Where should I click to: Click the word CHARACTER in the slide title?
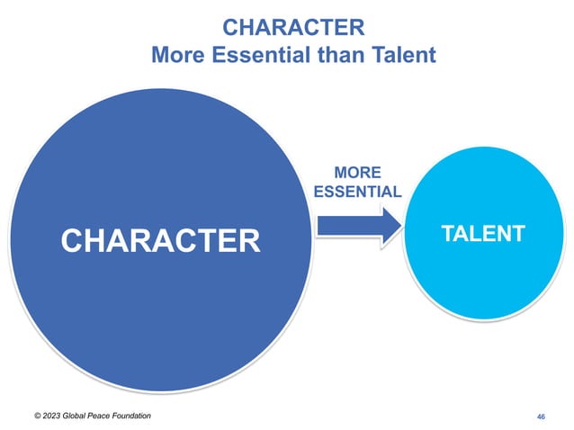pyautogui.click(x=293, y=24)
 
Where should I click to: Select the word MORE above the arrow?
pyautogui.click(x=357, y=172)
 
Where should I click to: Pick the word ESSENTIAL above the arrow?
pyautogui.click(x=357, y=192)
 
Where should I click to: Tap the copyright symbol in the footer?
pyautogui.click(x=38, y=415)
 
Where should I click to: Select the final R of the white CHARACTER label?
pyautogui.click(x=247, y=240)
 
